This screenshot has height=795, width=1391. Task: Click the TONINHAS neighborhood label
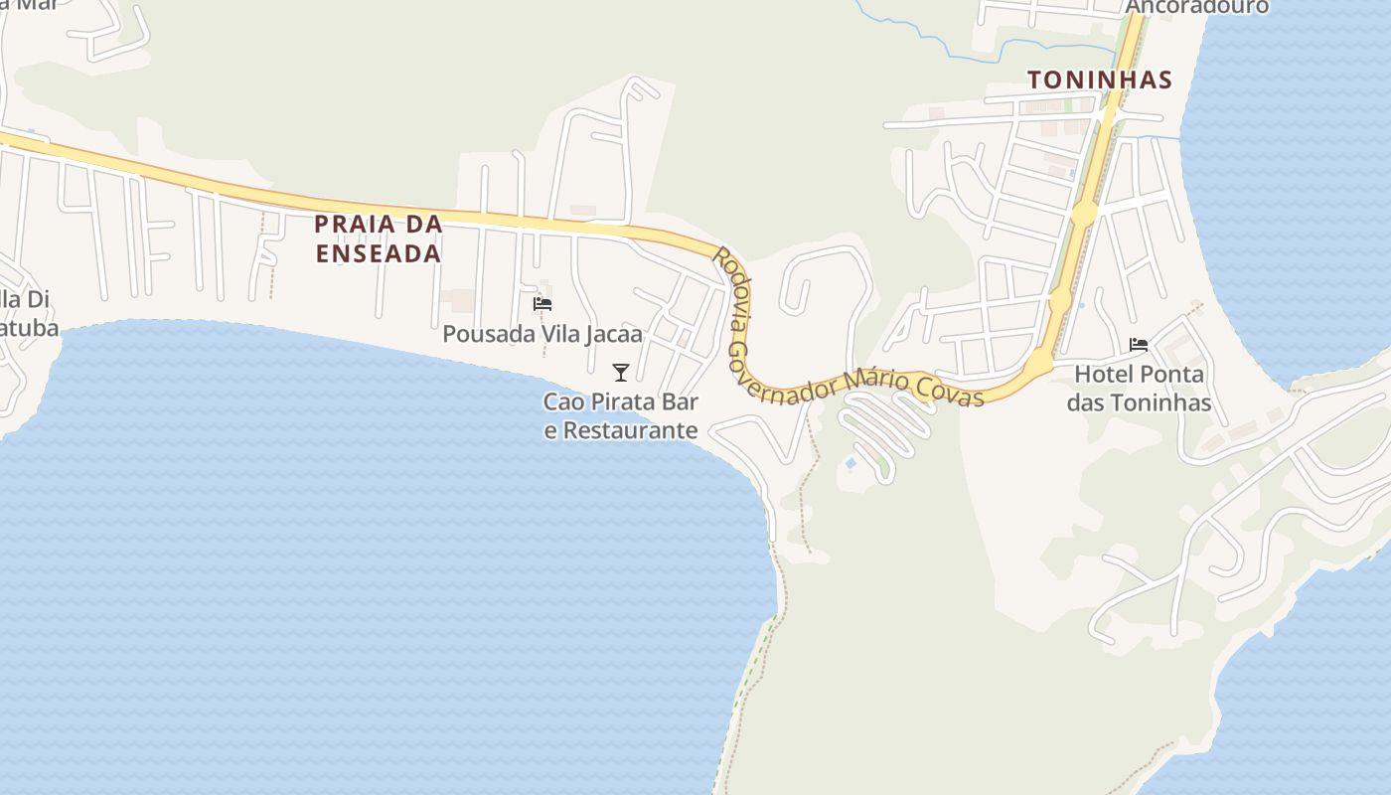tap(1100, 79)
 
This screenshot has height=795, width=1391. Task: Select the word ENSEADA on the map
tap(379, 253)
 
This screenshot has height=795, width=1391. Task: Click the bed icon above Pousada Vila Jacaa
tap(542, 304)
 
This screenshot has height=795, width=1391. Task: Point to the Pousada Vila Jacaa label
tap(542, 334)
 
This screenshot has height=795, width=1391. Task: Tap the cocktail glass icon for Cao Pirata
tap(621, 373)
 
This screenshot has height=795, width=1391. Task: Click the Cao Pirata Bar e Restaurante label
tap(621, 416)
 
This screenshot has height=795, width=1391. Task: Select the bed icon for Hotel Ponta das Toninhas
tap(1139, 345)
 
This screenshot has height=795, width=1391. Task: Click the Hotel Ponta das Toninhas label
tap(1140, 389)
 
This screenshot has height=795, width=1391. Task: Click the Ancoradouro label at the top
tap(1197, 7)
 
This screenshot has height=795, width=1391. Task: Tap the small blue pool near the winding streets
tap(850, 463)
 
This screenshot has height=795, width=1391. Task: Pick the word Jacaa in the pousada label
tap(613, 334)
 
